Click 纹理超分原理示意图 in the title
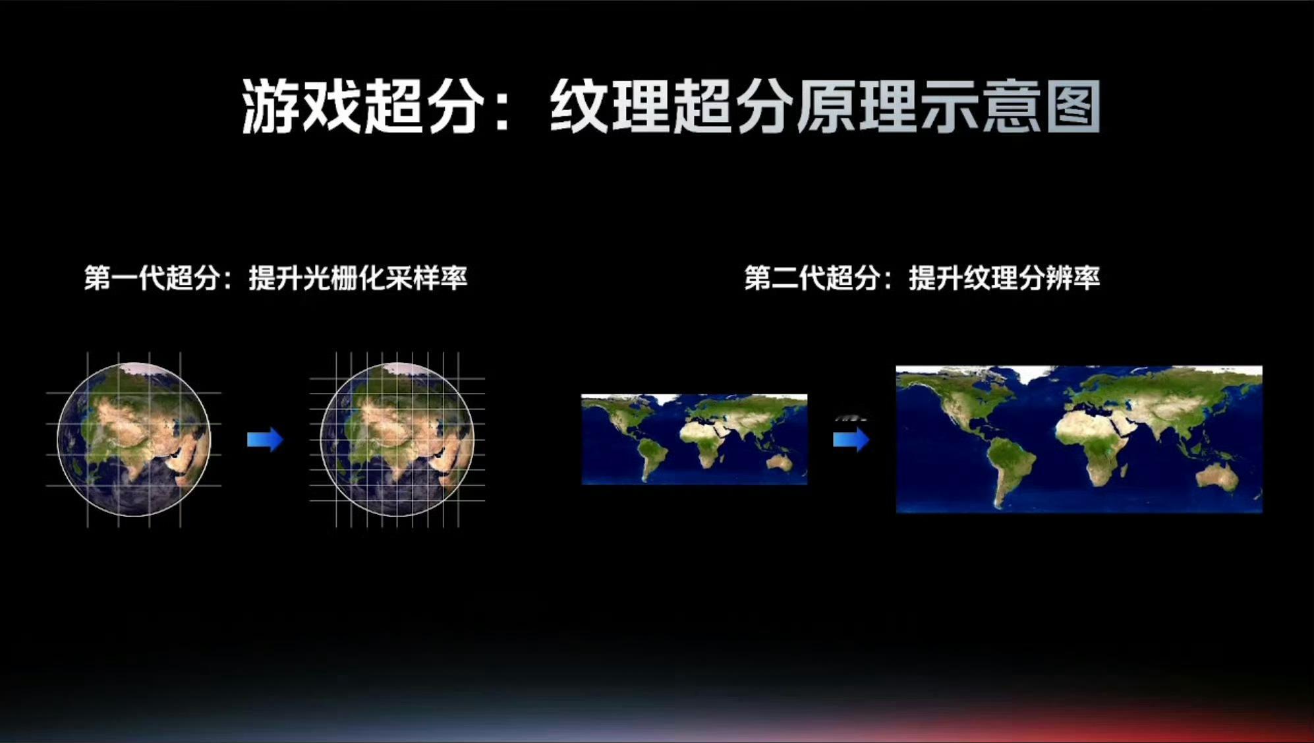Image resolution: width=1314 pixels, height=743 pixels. tap(825, 107)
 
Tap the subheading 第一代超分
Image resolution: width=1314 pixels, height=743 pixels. tap(152, 278)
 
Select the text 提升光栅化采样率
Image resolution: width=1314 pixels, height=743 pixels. tap(358, 278)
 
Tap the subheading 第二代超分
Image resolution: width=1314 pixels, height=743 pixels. tap(813, 278)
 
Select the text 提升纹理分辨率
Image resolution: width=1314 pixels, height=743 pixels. tap(1004, 278)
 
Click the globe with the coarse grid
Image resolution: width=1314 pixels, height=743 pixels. tap(134, 439)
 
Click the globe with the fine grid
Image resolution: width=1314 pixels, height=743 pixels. tap(397, 439)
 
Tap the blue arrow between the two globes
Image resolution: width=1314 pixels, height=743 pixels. tap(265, 440)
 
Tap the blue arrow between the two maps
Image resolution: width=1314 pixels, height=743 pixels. tap(851, 440)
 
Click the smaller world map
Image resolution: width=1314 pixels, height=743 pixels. tap(695, 440)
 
